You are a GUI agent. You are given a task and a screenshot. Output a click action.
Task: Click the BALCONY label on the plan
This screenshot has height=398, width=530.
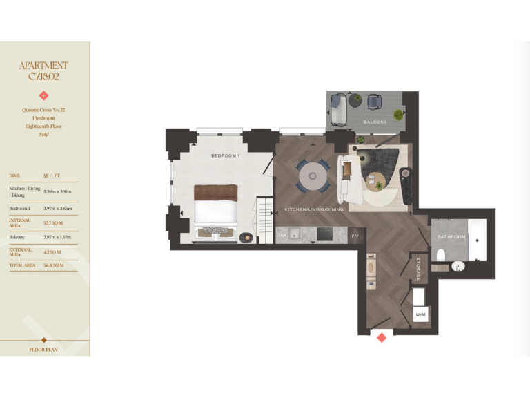[375, 122]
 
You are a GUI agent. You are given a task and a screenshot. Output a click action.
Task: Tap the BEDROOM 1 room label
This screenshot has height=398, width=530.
[225, 156]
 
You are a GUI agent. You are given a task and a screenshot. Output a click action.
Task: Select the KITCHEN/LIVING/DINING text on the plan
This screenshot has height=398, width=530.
[313, 209]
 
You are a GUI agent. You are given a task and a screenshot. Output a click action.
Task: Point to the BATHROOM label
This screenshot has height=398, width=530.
[451, 237]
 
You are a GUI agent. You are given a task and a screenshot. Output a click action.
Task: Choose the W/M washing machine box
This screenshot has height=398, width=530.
[420, 315]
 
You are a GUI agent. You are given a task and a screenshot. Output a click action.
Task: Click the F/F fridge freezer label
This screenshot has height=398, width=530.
[355, 236]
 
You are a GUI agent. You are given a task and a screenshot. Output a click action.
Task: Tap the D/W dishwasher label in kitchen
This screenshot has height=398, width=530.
[281, 236]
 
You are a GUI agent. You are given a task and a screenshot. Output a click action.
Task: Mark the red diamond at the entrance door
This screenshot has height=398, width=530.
[380, 337]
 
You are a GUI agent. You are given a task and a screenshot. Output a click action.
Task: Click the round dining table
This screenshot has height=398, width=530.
[313, 175]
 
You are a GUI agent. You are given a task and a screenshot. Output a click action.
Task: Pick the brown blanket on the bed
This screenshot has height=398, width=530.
[215, 192]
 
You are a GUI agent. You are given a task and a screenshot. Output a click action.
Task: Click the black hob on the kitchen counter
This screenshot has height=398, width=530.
[325, 235]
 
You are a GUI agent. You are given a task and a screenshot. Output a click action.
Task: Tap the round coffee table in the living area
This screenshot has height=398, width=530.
[377, 182]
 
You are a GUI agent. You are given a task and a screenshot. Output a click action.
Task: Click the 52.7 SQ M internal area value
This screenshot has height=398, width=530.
[53, 223]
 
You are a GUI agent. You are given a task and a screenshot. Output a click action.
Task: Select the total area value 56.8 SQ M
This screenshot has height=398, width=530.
[53, 265]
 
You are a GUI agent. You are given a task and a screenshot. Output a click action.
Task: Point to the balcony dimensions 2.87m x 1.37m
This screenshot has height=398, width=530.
[58, 237]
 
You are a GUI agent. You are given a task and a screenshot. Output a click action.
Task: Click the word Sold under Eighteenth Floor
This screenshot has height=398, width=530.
[44, 134]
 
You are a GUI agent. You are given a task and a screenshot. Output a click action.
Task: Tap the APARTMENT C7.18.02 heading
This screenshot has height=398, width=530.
[44, 71]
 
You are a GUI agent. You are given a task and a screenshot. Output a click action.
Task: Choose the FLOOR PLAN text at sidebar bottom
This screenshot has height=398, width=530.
[44, 350]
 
